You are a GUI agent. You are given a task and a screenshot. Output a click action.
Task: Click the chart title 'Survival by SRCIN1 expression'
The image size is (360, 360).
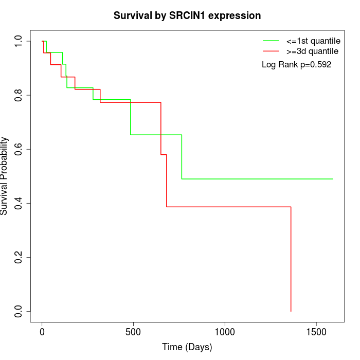[187, 16]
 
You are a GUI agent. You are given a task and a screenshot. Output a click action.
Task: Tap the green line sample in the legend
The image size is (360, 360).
[271, 41]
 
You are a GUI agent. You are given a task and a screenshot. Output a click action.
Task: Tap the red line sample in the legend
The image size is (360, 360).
[271, 51]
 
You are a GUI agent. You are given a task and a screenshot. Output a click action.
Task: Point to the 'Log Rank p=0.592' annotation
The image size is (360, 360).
[296, 65]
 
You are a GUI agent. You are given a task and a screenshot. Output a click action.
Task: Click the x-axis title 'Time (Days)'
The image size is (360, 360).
[187, 347]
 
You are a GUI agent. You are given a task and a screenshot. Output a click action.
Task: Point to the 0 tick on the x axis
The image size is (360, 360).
[42, 332]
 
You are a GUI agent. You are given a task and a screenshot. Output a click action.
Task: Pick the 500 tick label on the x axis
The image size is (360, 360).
[134, 332]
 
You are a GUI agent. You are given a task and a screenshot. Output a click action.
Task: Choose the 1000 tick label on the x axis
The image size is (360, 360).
[225, 332]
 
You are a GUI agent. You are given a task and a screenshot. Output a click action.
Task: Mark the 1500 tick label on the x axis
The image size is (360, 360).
[316, 332]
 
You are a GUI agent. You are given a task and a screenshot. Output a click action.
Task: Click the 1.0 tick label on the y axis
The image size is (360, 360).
[19, 41]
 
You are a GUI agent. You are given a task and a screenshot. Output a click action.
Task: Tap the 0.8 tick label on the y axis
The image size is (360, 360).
[19, 95]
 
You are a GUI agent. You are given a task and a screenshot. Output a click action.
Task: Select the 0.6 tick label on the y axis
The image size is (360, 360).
[19, 149]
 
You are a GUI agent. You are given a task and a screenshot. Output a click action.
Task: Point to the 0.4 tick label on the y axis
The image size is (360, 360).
[19, 203]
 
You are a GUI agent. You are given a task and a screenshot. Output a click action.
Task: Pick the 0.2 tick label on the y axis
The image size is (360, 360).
[19, 257]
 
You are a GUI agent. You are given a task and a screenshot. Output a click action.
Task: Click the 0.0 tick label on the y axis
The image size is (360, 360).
[19, 311]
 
